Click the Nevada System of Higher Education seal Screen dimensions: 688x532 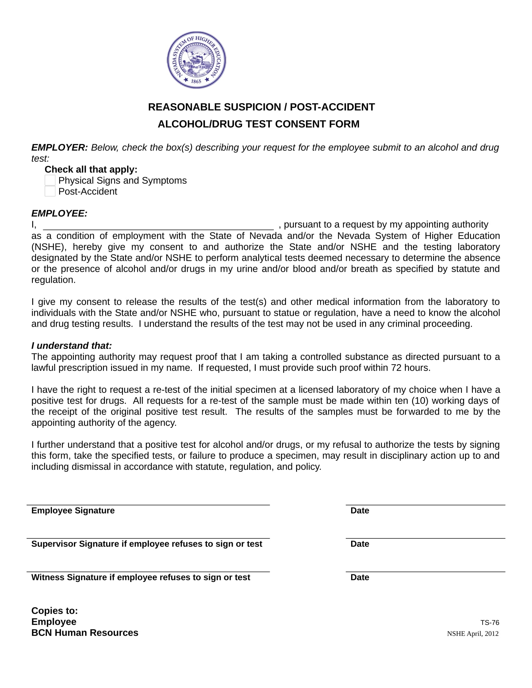(196, 60)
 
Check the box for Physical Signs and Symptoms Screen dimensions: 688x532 (50, 180)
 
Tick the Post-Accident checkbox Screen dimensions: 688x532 (50, 191)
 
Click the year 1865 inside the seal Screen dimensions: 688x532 (196, 81)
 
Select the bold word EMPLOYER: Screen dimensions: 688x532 (59, 147)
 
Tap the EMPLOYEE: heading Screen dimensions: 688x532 (59, 213)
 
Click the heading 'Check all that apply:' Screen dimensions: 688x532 (91, 169)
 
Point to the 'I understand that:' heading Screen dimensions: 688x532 (72, 346)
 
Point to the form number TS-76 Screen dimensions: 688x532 (489, 622)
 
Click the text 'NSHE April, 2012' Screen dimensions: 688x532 (473, 634)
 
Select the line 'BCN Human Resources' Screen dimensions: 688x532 (85, 633)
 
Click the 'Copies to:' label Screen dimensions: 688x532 (54, 610)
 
